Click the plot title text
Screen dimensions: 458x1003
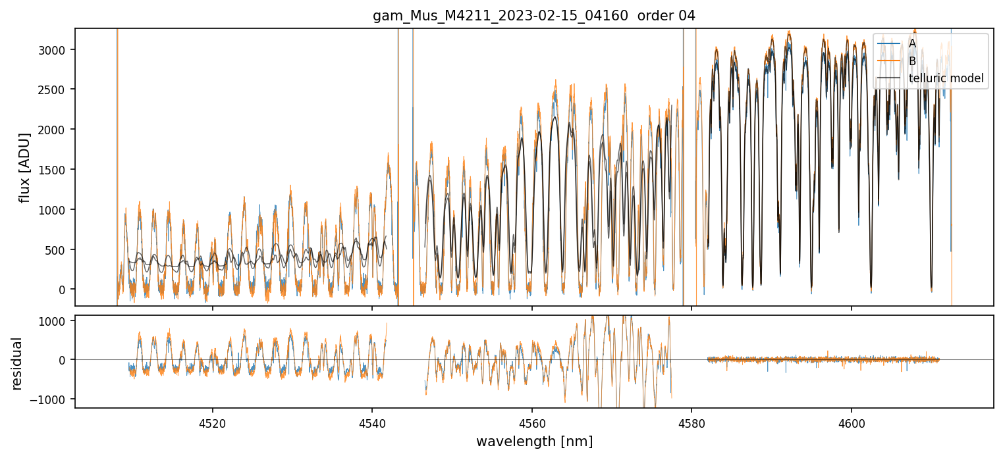click(x=534, y=16)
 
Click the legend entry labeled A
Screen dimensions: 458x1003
click(x=912, y=43)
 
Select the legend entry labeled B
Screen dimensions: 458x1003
click(x=912, y=61)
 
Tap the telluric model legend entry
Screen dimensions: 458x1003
click(x=946, y=79)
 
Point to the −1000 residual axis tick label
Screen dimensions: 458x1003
click(x=55, y=399)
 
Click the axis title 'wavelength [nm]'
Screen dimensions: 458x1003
click(x=534, y=441)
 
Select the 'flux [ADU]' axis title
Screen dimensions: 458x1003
click(x=25, y=167)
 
